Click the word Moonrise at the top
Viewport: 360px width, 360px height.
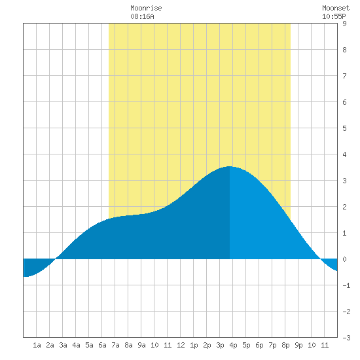point(146,8)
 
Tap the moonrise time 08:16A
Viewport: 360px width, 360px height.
point(142,16)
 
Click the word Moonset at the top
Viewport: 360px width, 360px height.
point(336,8)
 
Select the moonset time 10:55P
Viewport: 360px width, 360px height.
point(334,16)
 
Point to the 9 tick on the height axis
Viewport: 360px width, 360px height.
point(344,24)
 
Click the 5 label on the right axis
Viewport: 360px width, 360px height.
point(344,128)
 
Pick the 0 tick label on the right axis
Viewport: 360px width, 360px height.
point(344,259)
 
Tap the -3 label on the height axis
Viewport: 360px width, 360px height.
point(346,338)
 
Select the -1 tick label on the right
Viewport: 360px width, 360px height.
point(346,285)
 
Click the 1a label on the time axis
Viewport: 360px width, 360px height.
point(37,345)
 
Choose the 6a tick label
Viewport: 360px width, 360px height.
point(102,345)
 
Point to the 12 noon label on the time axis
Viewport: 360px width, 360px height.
point(181,345)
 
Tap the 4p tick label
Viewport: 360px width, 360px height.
point(233,345)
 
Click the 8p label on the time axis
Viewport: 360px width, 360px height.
point(285,345)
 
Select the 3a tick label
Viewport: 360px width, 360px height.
point(63,345)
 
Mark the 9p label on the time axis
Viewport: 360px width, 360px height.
point(298,345)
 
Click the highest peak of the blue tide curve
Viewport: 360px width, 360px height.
point(230,166)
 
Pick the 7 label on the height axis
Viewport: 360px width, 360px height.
point(344,76)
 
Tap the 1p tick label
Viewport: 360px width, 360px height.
point(194,345)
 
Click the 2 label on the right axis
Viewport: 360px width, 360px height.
point(344,207)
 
